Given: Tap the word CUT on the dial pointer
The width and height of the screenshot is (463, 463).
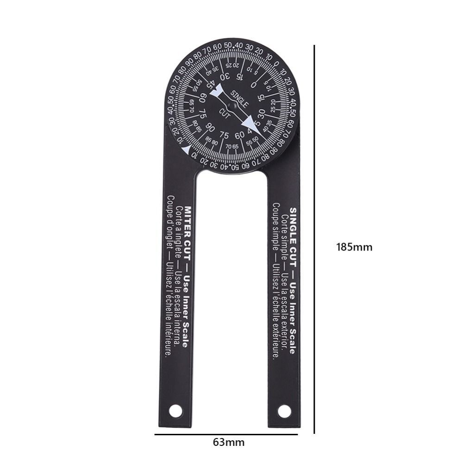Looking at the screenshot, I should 225,111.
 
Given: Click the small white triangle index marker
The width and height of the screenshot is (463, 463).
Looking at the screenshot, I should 186,149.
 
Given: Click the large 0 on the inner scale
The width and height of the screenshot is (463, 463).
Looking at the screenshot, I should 253,85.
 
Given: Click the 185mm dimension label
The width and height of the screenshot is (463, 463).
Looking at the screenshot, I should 354,247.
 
